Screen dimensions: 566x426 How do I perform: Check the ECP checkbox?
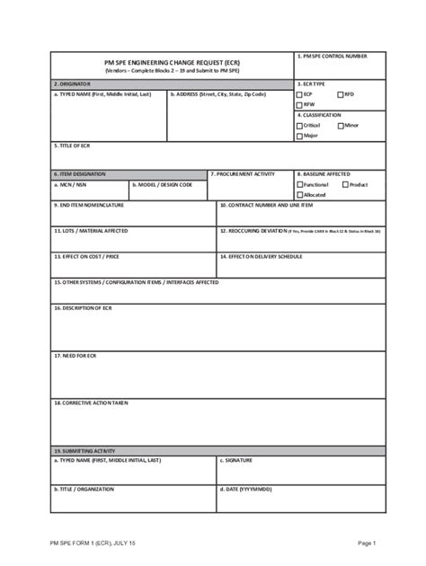point(300,93)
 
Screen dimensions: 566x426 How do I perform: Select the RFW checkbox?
point(300,104)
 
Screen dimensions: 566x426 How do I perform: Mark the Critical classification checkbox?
point(300,126)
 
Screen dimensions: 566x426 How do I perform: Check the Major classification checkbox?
point(300,137)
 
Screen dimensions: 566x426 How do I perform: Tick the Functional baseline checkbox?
point(300,184)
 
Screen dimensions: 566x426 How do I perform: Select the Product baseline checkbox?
point(345,184)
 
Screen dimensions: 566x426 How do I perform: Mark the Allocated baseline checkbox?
point(300,195)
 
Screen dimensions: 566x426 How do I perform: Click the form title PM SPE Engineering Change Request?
point(172,60)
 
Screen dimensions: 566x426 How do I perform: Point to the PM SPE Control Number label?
point(332,56)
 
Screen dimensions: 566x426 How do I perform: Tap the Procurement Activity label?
point(243,173)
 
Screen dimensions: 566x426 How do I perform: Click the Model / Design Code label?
point(163,184)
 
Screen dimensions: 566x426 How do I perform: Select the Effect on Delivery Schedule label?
point(262,256)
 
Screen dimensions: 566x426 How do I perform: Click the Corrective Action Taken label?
point(91,403)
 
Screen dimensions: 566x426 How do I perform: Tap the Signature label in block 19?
point(236,460)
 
